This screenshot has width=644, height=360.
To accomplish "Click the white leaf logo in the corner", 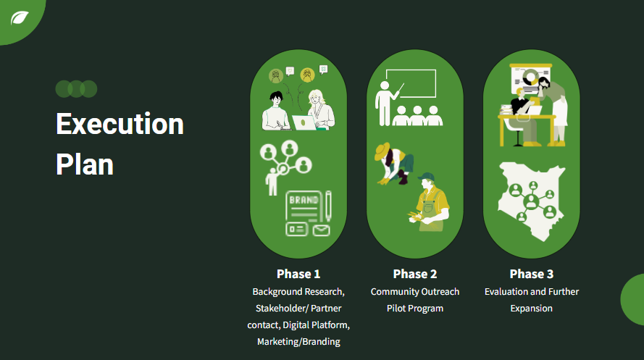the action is (20, 18).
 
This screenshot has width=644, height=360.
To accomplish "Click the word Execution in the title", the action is (120, 124).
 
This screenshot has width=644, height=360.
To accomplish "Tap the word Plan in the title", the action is (85, 165).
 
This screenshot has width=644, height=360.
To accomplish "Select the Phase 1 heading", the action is (298, 274).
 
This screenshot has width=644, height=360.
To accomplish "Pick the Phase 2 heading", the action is (415, 274).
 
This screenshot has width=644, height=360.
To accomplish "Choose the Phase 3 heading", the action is (532, 274).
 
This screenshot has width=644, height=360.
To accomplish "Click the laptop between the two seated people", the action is (304, 122).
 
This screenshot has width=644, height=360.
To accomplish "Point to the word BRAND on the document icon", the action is (304, 200).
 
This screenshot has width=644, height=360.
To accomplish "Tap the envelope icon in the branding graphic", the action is (321, 230).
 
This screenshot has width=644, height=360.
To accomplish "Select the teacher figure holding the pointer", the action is (385, 103).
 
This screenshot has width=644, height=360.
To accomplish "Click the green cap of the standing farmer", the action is (427, 177).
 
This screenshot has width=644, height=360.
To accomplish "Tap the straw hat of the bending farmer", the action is (382, 151).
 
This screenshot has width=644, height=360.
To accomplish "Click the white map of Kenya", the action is (532, 201).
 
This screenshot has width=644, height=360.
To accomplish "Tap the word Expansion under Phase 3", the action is (532, 309).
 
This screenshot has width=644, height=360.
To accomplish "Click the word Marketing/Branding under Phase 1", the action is (298, 342).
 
